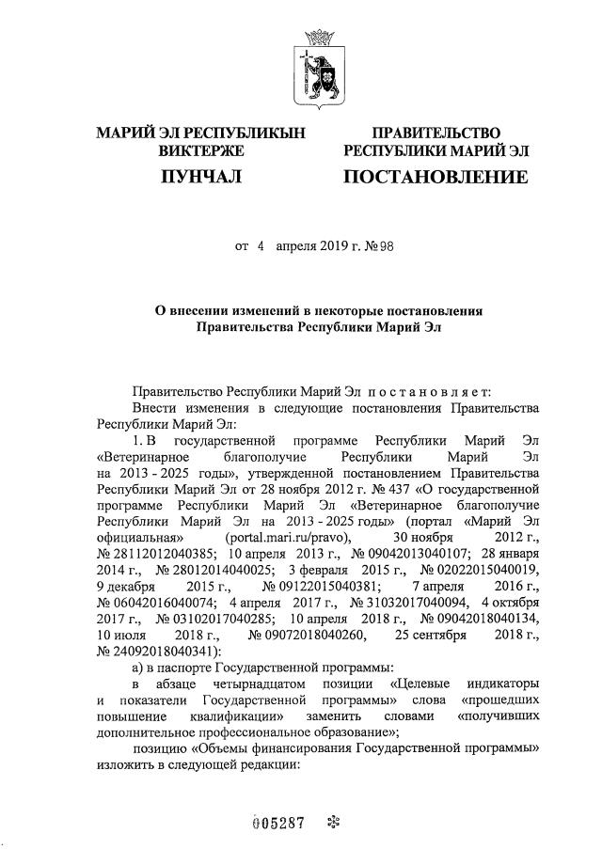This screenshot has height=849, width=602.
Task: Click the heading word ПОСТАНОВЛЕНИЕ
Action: (x=436, y=176)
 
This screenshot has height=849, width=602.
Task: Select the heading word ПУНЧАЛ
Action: (x=202, y=176)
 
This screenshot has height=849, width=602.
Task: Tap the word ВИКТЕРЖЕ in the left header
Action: (x=202, y=150)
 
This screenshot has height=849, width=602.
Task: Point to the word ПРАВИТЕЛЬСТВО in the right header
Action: (x=436, y=134)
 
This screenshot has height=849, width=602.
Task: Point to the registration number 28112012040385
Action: (x=161, y=552)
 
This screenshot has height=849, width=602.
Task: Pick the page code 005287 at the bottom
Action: (x=280, y=823)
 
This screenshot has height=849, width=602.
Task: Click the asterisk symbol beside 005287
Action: (x=331, y=823)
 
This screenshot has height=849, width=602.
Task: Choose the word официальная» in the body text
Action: (x=140, y=536)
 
